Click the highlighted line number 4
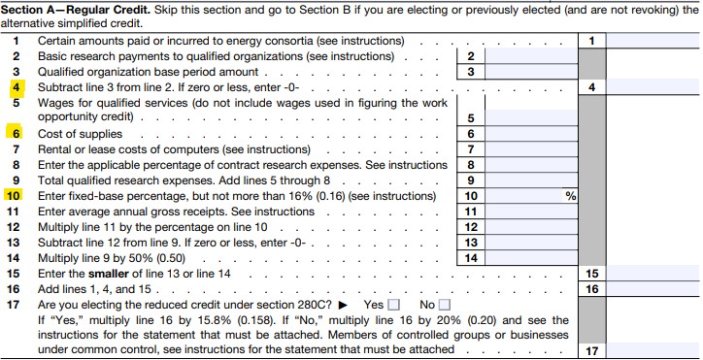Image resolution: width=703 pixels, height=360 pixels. tap(16, 87)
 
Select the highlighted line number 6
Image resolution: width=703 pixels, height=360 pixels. tap(16, 133)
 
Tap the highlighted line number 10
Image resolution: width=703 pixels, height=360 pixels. tap(14, 195)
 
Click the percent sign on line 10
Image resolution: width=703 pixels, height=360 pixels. tap(571, 196)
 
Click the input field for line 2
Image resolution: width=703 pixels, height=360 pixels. tap(531, 56)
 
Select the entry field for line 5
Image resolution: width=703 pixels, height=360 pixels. tap(531, 117)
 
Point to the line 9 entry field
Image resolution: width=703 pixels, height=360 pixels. tap(531, 180)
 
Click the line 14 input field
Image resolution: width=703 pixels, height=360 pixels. tap(531, 257)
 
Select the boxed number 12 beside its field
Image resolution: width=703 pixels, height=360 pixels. tap(470, 226)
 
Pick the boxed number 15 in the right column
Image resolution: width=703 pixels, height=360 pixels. tap(592, 273)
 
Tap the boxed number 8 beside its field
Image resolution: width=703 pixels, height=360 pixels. tap(470, 165)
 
